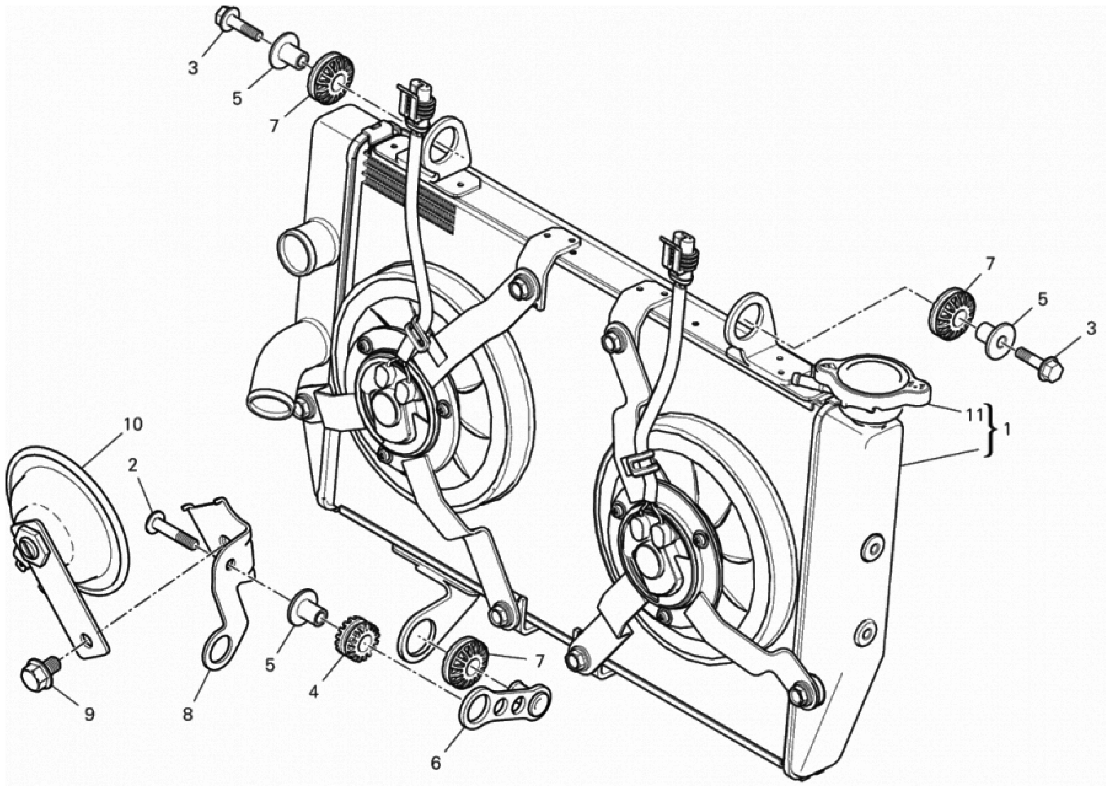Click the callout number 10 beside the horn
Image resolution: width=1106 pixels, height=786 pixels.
click(x=133, y=424)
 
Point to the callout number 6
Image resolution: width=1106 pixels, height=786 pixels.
click(x=436, y=763)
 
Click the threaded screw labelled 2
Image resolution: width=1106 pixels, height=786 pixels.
click(x=172, y=530)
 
